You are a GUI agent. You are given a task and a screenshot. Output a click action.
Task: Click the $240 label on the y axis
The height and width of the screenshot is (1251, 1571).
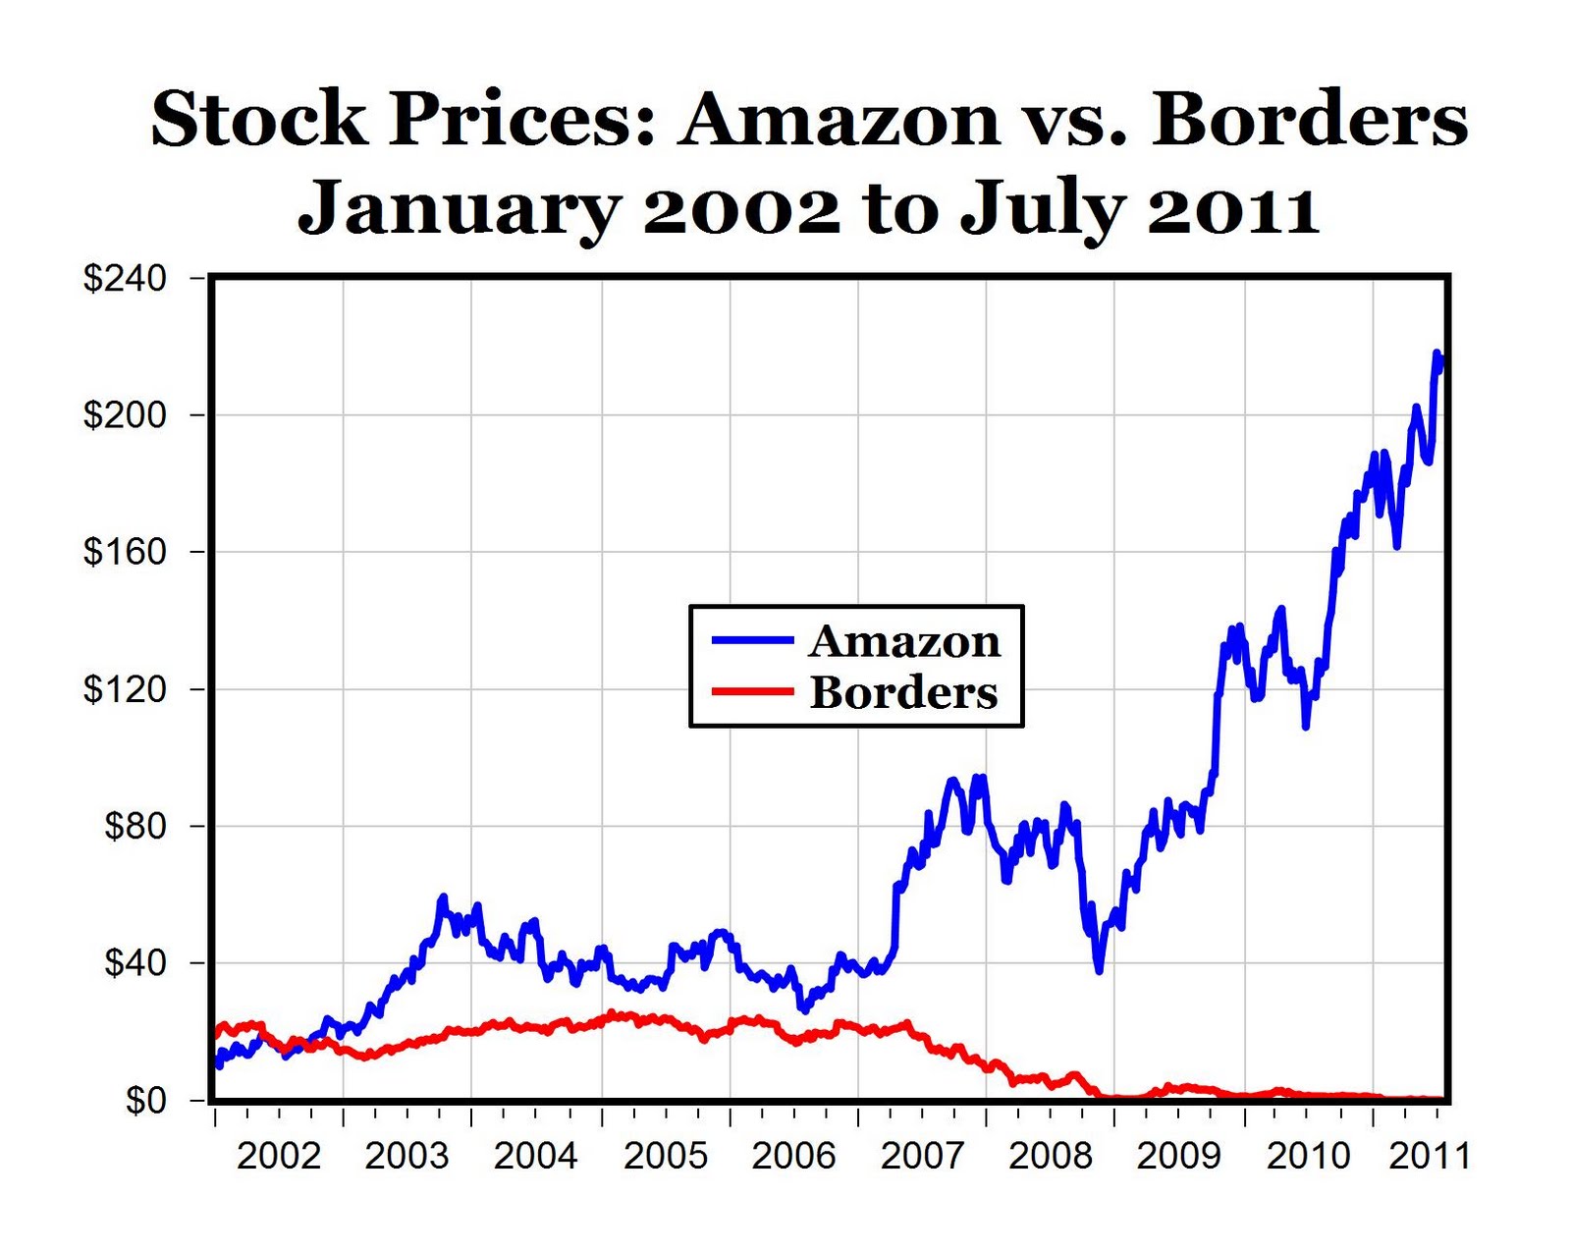tap(125, 278)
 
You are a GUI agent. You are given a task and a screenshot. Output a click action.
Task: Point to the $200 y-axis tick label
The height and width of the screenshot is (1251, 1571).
tap(125, 415)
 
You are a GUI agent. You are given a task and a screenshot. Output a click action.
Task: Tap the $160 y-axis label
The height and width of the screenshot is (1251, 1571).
tap(125, 552)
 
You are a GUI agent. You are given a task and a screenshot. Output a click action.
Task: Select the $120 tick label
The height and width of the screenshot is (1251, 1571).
tap(125, 689)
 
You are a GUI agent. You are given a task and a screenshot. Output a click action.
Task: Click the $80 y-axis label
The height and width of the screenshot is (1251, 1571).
tap(135, 826)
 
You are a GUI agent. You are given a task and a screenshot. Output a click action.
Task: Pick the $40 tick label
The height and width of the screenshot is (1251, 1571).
tap(135, 963)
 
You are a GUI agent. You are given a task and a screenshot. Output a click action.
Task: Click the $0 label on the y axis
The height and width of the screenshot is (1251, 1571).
tap(145, 1101)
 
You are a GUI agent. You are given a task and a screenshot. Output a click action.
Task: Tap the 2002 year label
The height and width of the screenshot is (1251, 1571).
tap(279, 1156)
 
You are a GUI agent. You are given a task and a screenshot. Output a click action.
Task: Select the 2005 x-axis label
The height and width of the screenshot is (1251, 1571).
tap(666, 1156)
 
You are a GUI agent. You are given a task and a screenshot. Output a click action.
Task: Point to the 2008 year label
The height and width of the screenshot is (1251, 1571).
tap(1051, 1156)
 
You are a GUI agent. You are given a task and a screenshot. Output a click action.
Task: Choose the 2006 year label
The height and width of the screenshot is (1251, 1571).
tap(793, 1156)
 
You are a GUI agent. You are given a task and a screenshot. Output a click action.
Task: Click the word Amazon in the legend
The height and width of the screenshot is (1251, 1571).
tap(904, 641)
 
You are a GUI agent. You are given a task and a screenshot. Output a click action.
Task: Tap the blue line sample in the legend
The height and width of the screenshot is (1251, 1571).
tap(753, 640)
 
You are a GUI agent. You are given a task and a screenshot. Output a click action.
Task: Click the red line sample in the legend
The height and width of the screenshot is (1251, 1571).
tap(753, 690)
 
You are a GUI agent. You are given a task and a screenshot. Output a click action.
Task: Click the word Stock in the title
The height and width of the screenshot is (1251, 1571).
tap(257, 119)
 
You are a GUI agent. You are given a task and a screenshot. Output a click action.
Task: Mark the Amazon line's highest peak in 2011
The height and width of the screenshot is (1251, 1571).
tap(1436, 354)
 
